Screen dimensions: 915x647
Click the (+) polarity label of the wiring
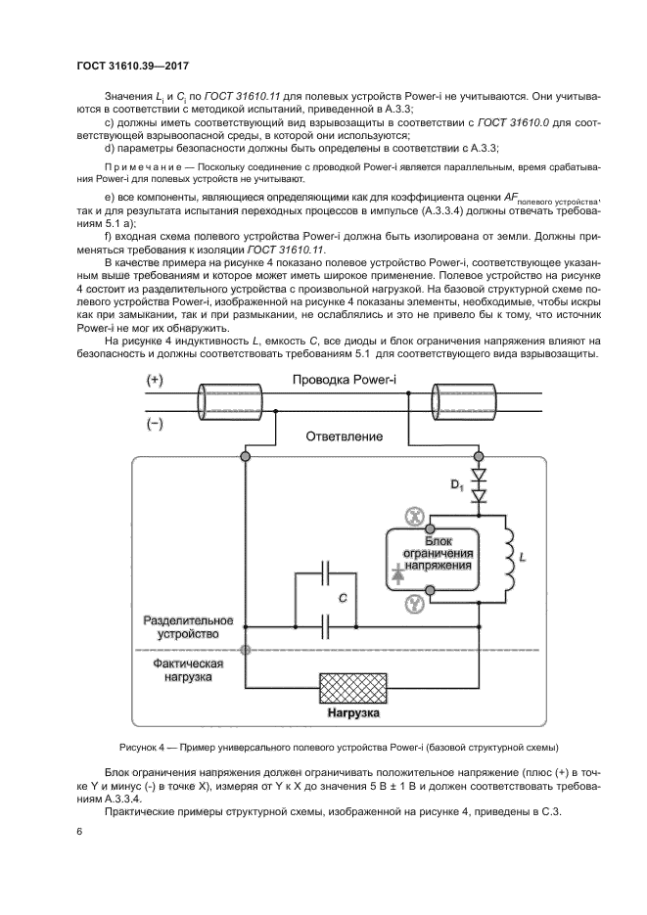tap(157, 379)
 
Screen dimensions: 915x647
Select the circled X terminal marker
tap(414, 516)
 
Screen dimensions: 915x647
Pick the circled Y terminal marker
tap(414, 605)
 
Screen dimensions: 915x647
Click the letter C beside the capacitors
tap(344, 596)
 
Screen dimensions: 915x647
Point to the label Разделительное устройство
tap(187, 628)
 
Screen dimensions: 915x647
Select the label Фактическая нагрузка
tap(187, 668)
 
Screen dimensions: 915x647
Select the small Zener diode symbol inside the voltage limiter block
tap(399, 576)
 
